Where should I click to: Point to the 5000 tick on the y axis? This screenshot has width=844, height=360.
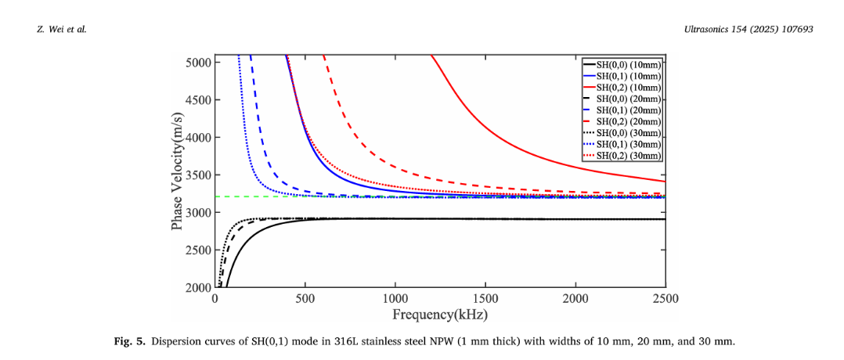click(215, 62)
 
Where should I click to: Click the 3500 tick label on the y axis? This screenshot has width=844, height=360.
click(197, 175)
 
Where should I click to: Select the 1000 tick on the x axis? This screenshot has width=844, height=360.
click(395, 287)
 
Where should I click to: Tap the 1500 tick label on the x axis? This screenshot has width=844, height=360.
click(485, 299)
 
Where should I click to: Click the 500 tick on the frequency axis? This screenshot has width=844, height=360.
click(305, 287)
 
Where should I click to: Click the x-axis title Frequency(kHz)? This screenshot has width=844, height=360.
click(440, 315)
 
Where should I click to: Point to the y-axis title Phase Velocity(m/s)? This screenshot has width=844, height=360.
click(178, 175)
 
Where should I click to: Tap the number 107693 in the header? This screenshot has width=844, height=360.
click(793, 30)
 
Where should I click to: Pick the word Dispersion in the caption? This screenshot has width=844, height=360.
click(175, 341)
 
